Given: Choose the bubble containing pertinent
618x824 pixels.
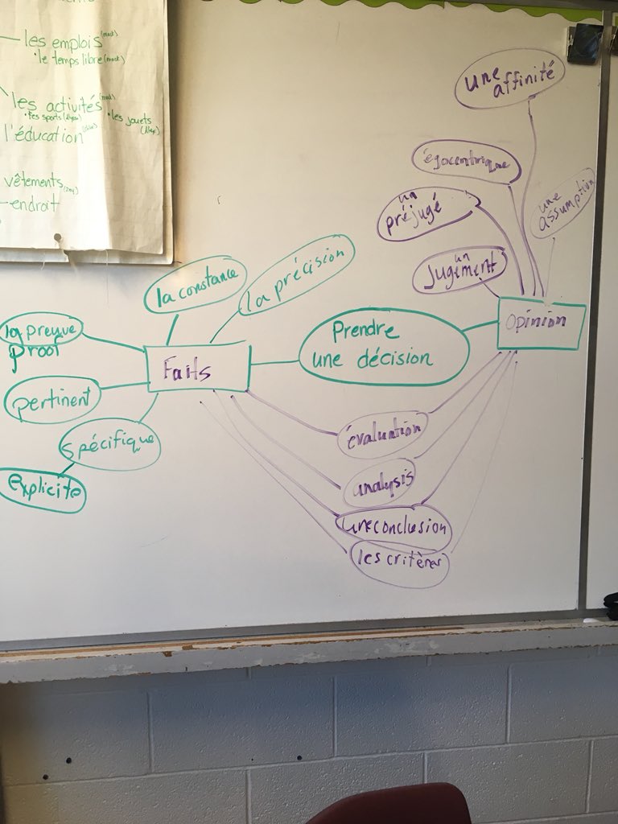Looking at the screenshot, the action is [51, 399].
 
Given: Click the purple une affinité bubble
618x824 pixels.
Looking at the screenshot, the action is [509, 78].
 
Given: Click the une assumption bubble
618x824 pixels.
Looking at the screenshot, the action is [563, 202].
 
